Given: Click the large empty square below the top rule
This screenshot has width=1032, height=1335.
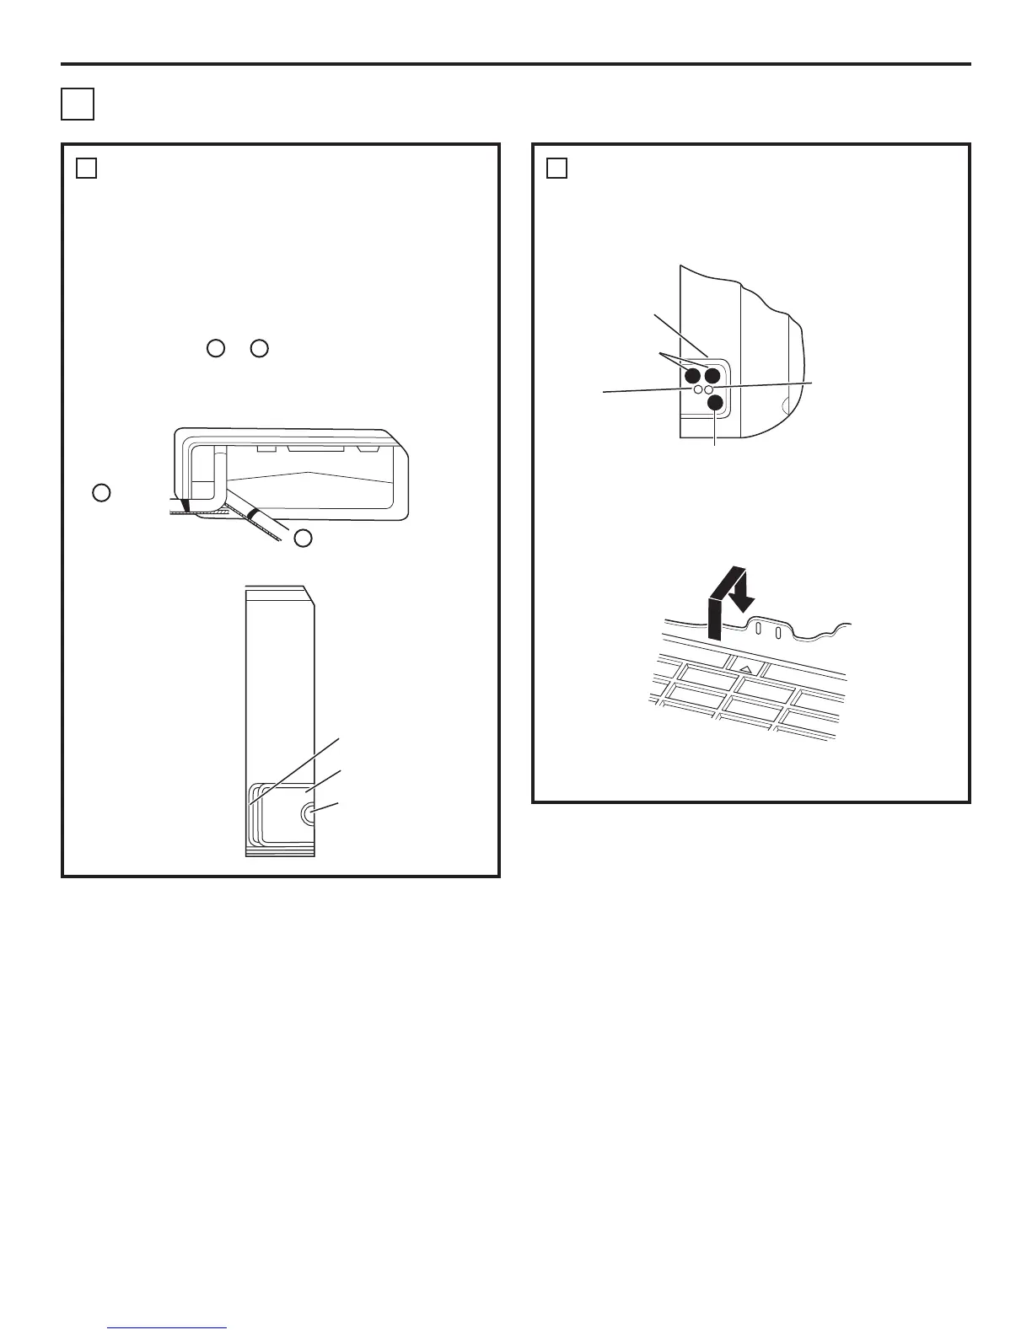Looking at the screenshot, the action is (77, 104).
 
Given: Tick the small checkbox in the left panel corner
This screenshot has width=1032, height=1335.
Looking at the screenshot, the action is (86, 169).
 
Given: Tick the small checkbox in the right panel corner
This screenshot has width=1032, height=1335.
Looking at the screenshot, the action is (556, 169).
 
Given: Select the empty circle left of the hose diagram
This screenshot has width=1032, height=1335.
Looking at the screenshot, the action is (101, 493).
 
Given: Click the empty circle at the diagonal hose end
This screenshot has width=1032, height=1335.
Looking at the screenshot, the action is (303, 538).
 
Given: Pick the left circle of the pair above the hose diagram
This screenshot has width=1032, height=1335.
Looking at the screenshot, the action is (215, 347).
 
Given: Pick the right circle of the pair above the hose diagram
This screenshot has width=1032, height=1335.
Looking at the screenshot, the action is (259, 347).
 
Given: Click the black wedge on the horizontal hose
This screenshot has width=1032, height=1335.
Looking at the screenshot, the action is (185, 507).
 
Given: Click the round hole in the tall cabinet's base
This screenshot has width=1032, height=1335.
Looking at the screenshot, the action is (309, 812).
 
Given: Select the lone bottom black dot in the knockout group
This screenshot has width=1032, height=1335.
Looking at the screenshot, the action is (715, 404).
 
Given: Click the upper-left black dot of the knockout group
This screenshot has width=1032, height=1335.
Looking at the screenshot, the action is (693, 376).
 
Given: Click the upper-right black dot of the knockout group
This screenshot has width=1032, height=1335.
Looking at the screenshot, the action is (712, 376).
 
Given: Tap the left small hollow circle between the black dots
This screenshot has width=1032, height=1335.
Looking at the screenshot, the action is (698, 390).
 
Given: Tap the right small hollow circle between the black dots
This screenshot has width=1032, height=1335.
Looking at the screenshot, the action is (709, 390).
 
